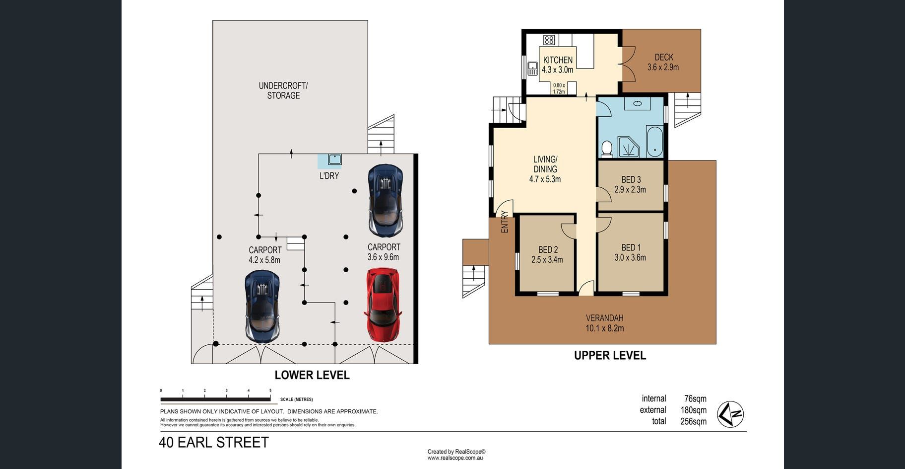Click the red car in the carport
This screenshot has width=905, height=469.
[383, 305]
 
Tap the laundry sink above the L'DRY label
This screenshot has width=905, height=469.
[334, 159]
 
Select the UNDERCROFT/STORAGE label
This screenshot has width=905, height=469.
[283, 90]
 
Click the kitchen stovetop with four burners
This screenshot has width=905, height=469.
[549, 40]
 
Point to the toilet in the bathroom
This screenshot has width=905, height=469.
[606, 148]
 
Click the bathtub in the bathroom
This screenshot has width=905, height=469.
[654, 142]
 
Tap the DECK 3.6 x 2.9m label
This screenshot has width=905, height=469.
[663, 62]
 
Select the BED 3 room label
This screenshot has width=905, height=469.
[631, 179]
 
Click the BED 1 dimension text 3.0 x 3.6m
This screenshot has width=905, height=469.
[630, 257]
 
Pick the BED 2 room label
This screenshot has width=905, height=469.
[548, 250]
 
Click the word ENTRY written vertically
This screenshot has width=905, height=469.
[505, 222]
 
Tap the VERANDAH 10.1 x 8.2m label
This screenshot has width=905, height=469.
[604, 323]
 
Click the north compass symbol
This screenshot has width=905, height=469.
[730, 414]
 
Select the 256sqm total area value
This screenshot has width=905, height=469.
[693, 421]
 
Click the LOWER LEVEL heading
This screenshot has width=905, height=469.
[312, 375]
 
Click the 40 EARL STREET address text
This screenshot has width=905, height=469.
[214, 442]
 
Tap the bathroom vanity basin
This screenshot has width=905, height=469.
[638, 103]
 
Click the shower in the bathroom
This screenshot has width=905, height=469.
[629, 147]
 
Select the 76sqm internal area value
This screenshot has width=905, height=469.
[695, 398]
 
